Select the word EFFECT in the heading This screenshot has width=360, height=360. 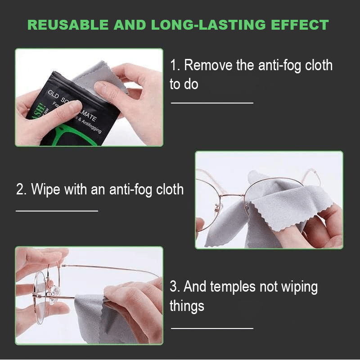pyautogui.click(x=300, y=25)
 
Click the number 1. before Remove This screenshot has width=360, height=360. pyautogui.click(x=175, y=66)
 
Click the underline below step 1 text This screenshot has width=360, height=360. pyautogui.click(x=212, y=103)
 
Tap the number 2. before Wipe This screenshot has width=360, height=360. pyautogui.click(x=22, y=189)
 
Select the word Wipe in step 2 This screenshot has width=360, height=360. pyautogui.click(x=46, y=189)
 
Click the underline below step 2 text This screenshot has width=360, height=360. pyautogui.click(x=57, y=211)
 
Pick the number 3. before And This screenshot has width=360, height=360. pyautogui.click(x=175, y=287)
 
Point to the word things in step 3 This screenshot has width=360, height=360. pyautogui.click(x=187, y=306)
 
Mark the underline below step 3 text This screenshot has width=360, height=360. pyautogui.click(x=212, y=328)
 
